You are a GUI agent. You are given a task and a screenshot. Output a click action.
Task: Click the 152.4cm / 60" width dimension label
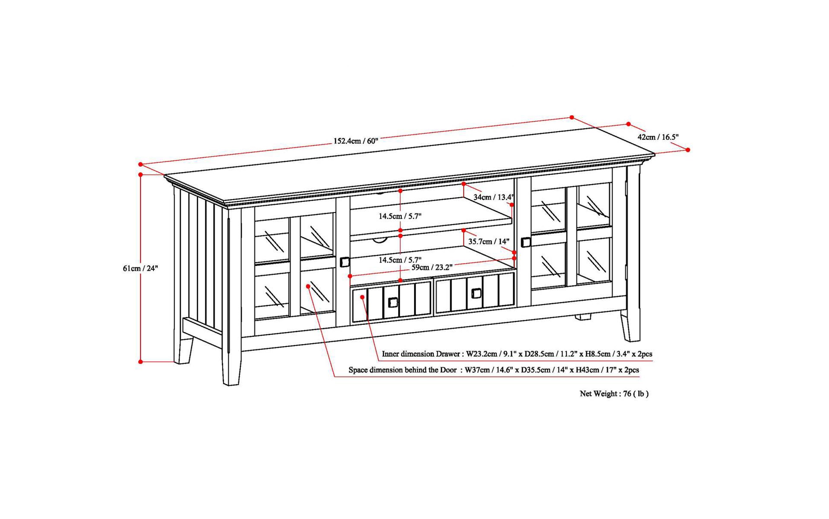click(x=355, y=141)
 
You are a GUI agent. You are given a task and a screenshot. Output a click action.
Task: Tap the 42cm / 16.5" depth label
click(x=658, y=137)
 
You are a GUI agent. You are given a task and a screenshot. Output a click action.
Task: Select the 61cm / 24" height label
click(x=140, y=268)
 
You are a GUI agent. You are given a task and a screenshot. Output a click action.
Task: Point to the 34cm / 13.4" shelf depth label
click(x=493, y=197)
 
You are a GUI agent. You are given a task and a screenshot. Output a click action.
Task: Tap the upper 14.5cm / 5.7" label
click(x=400, y=216)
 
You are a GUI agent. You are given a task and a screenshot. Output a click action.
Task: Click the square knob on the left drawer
click(x=393, y=303)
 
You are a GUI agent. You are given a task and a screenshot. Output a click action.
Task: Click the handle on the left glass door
click(x=345, y=262)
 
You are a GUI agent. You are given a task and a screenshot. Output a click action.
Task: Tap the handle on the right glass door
click(x=525, y=242)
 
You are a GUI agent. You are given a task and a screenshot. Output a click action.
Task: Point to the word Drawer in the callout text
click(x=448, y=354)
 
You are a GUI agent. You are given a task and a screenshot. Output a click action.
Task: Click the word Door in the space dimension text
click(x=449, y=370)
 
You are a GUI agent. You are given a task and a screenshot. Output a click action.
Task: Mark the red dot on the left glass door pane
click(x=308, y=286)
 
